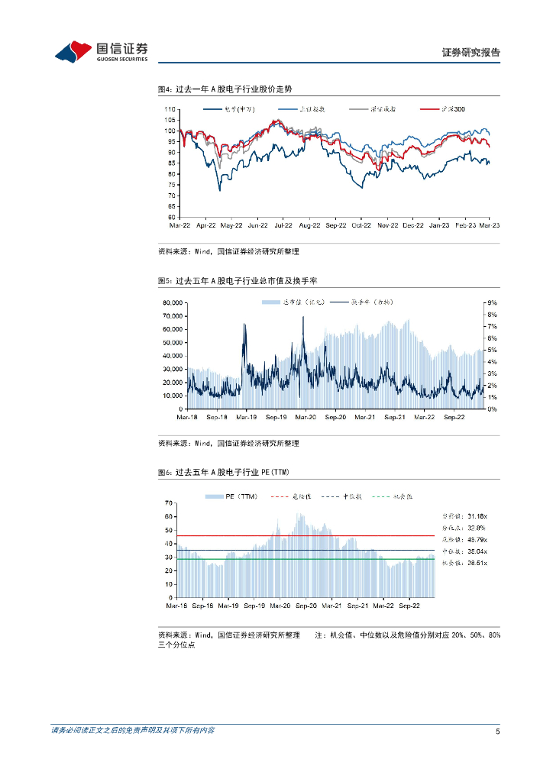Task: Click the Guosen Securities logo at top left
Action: pyautogui.click(x=101, y=51)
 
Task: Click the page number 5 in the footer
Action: pyautogui.click(x=497, y=731)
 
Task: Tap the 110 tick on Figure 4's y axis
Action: pyautogui.click(x=172, y=109)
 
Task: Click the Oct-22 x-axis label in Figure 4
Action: pyautogui.click(x=362, y=225)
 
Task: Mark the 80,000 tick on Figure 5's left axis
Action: pyautogui.click(x=172, y=303)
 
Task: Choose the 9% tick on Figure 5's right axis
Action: pyautogui.click(x=493, y=303)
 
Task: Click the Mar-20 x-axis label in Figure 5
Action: pyautogui.click(x=306, y=417)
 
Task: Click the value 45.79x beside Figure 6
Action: pyautogui.click(x=477, y=539)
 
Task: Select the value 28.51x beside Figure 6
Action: pyautogui.click(x=477, y=563)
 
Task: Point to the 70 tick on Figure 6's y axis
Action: pyautogui.click(x=170, y=503)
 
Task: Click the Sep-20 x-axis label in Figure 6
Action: pyautogui.click(x=306, y=606)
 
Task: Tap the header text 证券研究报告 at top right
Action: pyautogui.click(x=471, y=53)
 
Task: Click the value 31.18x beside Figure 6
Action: pyautogui.click(x=477, y=516)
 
